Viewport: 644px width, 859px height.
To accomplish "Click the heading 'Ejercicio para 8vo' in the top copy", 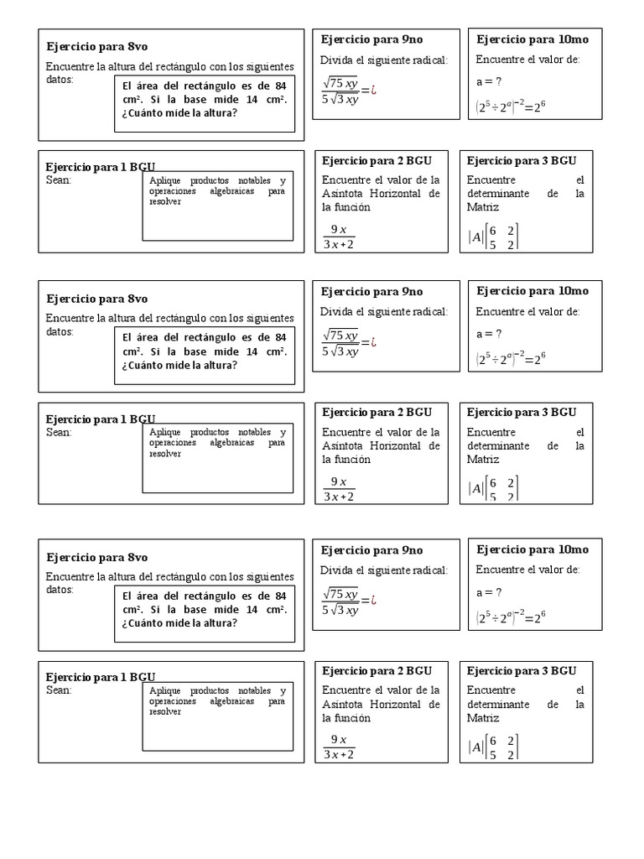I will pos(97,46).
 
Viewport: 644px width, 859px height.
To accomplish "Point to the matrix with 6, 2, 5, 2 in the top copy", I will pos(504,237).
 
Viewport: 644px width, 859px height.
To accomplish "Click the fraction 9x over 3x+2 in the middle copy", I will pos(339,489).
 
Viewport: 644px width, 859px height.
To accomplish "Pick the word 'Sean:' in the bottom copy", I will pos(59,690).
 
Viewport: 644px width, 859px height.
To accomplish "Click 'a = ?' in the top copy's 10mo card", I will pos(489,81).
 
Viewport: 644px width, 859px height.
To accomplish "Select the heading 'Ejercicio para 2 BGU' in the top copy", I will pos(377,159).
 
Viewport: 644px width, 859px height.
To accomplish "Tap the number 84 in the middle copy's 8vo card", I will pos(281,337).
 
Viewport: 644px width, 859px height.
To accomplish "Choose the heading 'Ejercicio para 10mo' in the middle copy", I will pos(532,291).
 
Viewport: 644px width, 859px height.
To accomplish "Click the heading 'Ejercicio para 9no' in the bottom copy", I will pos(372,550).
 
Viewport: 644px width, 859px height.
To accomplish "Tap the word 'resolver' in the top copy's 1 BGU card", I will pos(165,202).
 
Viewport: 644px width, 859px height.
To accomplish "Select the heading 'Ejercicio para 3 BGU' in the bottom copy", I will pos(522,670).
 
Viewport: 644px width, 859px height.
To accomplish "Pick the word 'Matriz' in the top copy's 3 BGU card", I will pos(483,207).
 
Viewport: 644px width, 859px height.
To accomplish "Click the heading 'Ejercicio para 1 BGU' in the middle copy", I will pos(101,419).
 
